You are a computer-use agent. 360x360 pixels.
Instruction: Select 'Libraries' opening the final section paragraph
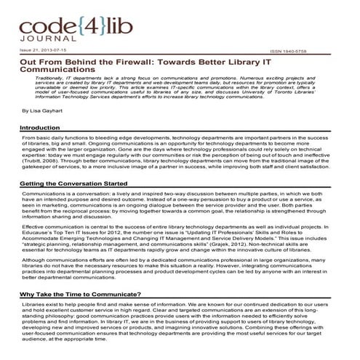point(33,308)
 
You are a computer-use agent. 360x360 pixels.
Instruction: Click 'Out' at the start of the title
point(28,63)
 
